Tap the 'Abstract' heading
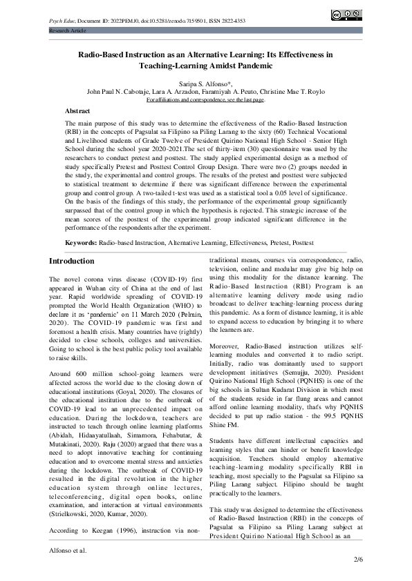pyautogui.click(x=77, y=110)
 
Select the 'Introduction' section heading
pyautogui.click(x=71, y=261)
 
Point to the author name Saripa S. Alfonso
pyautogui.click(x=204, y=82)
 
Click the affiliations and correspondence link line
pyautogui.click(x=205, y=99)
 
